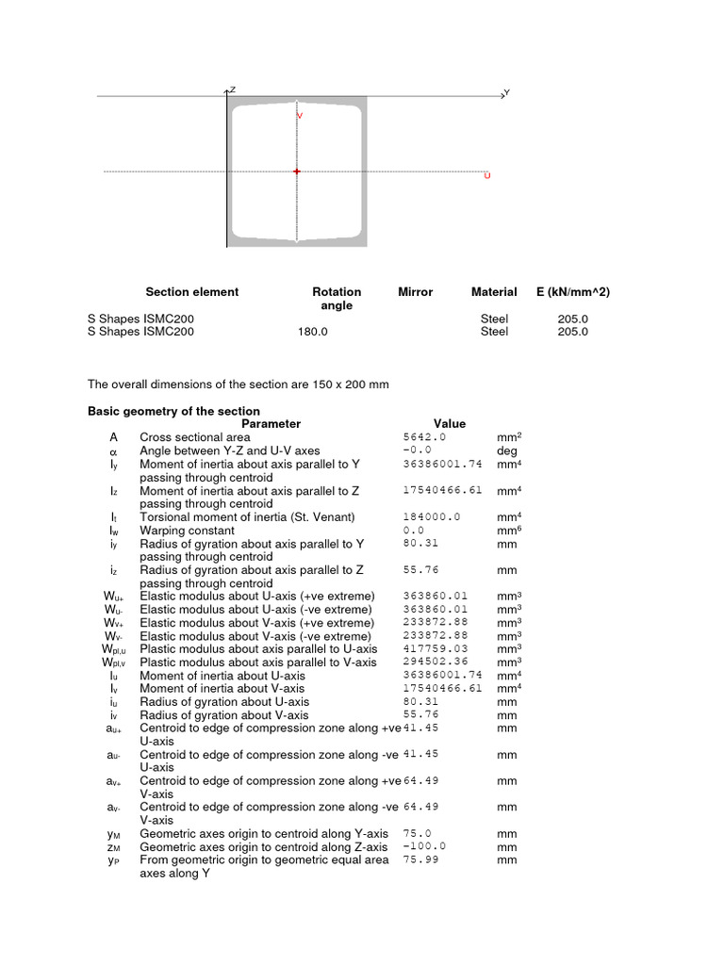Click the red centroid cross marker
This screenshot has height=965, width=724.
297,172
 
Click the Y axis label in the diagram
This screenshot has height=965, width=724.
506,93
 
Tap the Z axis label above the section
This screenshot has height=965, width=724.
233,90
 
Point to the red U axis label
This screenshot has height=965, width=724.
487,176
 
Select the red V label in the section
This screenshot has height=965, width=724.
300,115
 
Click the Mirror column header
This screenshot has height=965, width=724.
415,292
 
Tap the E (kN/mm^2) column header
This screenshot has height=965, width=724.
572,292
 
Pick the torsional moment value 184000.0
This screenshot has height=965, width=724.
432,516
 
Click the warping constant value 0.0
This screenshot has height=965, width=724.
414,531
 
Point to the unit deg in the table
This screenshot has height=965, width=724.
508,450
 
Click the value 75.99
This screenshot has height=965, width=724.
418,859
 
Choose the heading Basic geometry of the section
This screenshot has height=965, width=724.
173,411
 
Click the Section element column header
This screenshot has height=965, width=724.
192,292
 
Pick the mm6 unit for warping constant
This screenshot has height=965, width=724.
509,530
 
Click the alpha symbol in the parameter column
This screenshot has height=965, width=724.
113,451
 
